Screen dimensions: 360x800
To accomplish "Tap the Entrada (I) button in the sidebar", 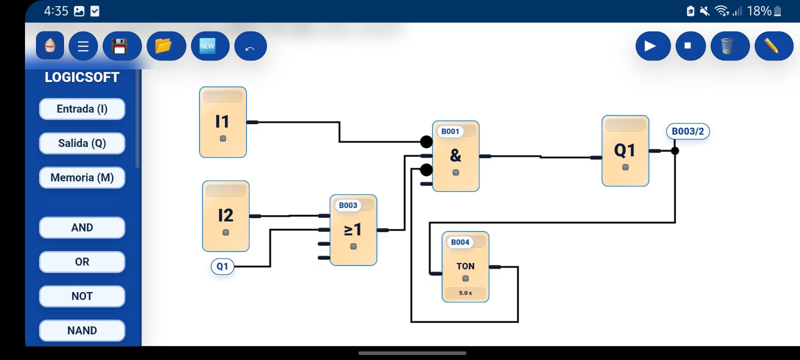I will [x=82, y=109].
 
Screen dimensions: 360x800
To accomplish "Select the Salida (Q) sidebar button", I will [x=82, y=143].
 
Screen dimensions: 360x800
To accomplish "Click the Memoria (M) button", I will [x=82, y=177].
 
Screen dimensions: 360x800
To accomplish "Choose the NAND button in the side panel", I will [x=82, y=330].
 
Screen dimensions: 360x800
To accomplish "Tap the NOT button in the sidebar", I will [x=82, y=296].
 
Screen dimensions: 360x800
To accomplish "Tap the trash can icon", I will [x=729, y=46].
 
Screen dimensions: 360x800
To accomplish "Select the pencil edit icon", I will [x=773, y=46].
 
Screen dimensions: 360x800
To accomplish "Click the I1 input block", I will [x=223, y=122].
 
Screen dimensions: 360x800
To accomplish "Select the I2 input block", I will [x=225, y=216].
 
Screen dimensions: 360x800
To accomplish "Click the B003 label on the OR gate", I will [x=348, y=205].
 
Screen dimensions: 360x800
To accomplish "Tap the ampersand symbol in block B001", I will [x=455, y=155].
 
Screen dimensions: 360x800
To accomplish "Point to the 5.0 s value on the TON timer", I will [x=465, y=293].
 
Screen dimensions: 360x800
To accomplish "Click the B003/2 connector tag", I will [x=687, y=131].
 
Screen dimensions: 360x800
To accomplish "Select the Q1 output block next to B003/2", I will [x=625, y=151].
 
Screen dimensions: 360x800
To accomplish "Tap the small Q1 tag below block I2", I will [x=222, y=266].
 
